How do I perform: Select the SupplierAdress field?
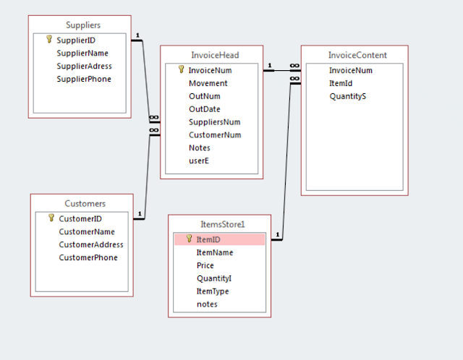click(84, 66)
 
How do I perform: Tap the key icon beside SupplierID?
click(49, 40)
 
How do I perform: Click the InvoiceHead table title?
click(215, 55)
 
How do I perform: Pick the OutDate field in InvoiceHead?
click(204, 109)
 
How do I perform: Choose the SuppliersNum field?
click(214, 122)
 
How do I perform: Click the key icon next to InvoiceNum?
click(181, 70)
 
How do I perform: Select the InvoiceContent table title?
click(357, 55)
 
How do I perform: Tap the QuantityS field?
click(347, 96)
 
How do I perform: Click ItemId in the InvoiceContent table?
click(341, 83)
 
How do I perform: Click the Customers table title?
click(85, 204)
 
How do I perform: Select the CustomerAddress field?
click(91, 244)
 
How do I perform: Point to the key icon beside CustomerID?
click(51, 218)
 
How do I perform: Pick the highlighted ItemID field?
click(208, 239)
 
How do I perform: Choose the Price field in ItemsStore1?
click(205, 265)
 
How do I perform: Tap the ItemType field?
click(212, 291)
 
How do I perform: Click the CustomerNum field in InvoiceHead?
click(215, 134)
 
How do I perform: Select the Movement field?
click(208, 83)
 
